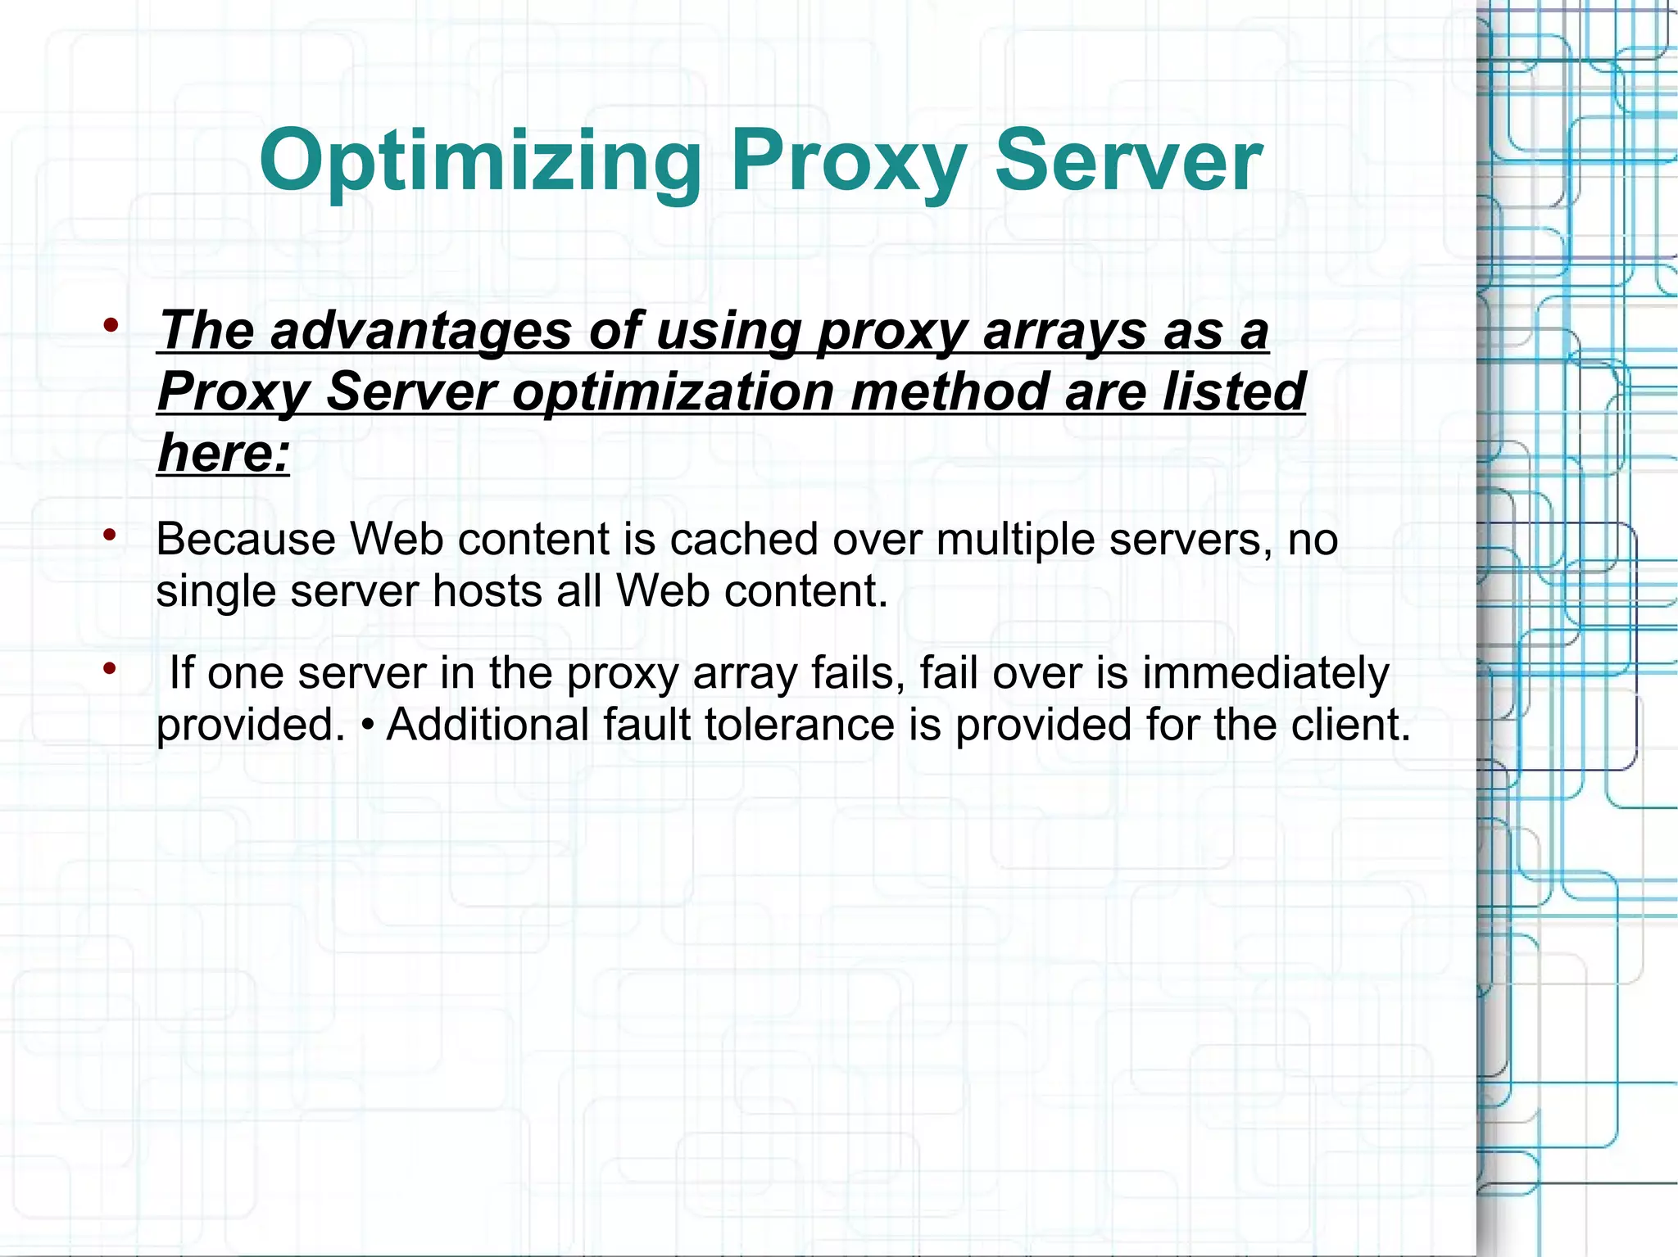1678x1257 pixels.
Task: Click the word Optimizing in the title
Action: tap(480, 161)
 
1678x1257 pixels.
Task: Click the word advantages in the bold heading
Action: tap(420, 331)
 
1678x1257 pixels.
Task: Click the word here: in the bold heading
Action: tap(224, 453)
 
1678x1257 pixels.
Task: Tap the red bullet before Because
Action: tap(111, 536)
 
